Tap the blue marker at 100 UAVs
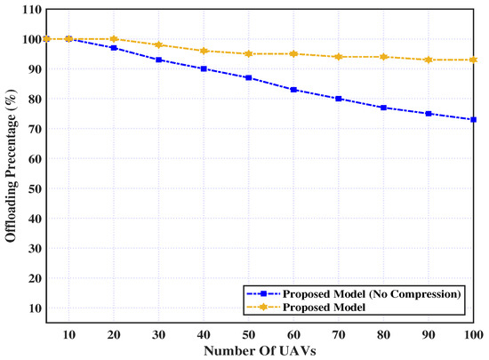pyautogui.click(x=474, y=119)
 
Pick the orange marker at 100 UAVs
pyautogui.click(x=474, y=60)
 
